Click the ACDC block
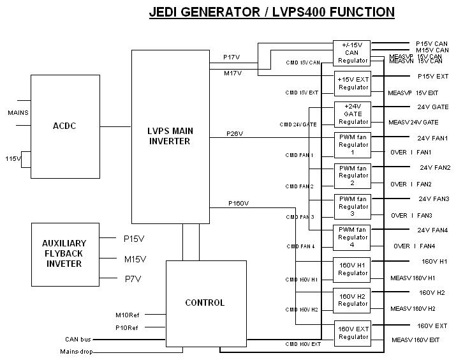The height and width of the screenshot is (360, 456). point(64,126)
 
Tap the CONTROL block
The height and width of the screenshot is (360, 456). point(205,303)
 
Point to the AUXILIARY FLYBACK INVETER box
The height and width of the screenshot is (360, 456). point(64,254)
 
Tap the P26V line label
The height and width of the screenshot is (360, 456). point(234,134)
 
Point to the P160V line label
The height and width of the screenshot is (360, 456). point(239,204)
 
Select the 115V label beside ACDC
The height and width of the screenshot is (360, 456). point(13,158)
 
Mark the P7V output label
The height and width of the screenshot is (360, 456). point(133,278)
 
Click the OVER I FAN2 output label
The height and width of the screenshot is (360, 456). point(411,184)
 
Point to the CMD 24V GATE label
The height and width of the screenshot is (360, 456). point(298,124)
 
